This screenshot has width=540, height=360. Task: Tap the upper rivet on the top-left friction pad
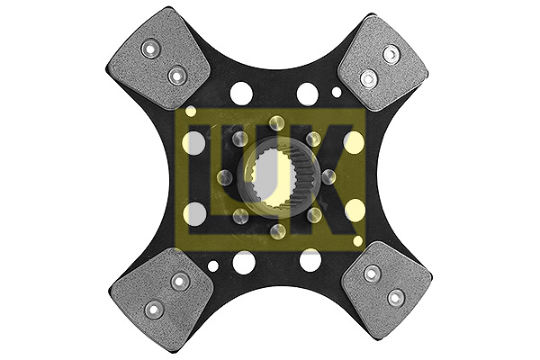coord(150,50)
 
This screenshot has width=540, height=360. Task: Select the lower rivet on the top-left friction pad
coord(177,76)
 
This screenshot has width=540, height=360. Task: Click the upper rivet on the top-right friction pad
coord(391,54)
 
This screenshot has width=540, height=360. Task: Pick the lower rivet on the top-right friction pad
coord(368,78)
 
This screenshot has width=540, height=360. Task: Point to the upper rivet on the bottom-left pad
coord(179,283)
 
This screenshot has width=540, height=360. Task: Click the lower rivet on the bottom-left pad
coord(154,310)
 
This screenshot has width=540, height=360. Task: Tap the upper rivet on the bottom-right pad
coord(373,274)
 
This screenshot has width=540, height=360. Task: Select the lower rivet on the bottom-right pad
coord(396,298)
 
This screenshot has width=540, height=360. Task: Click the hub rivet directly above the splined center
coord(277,123)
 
